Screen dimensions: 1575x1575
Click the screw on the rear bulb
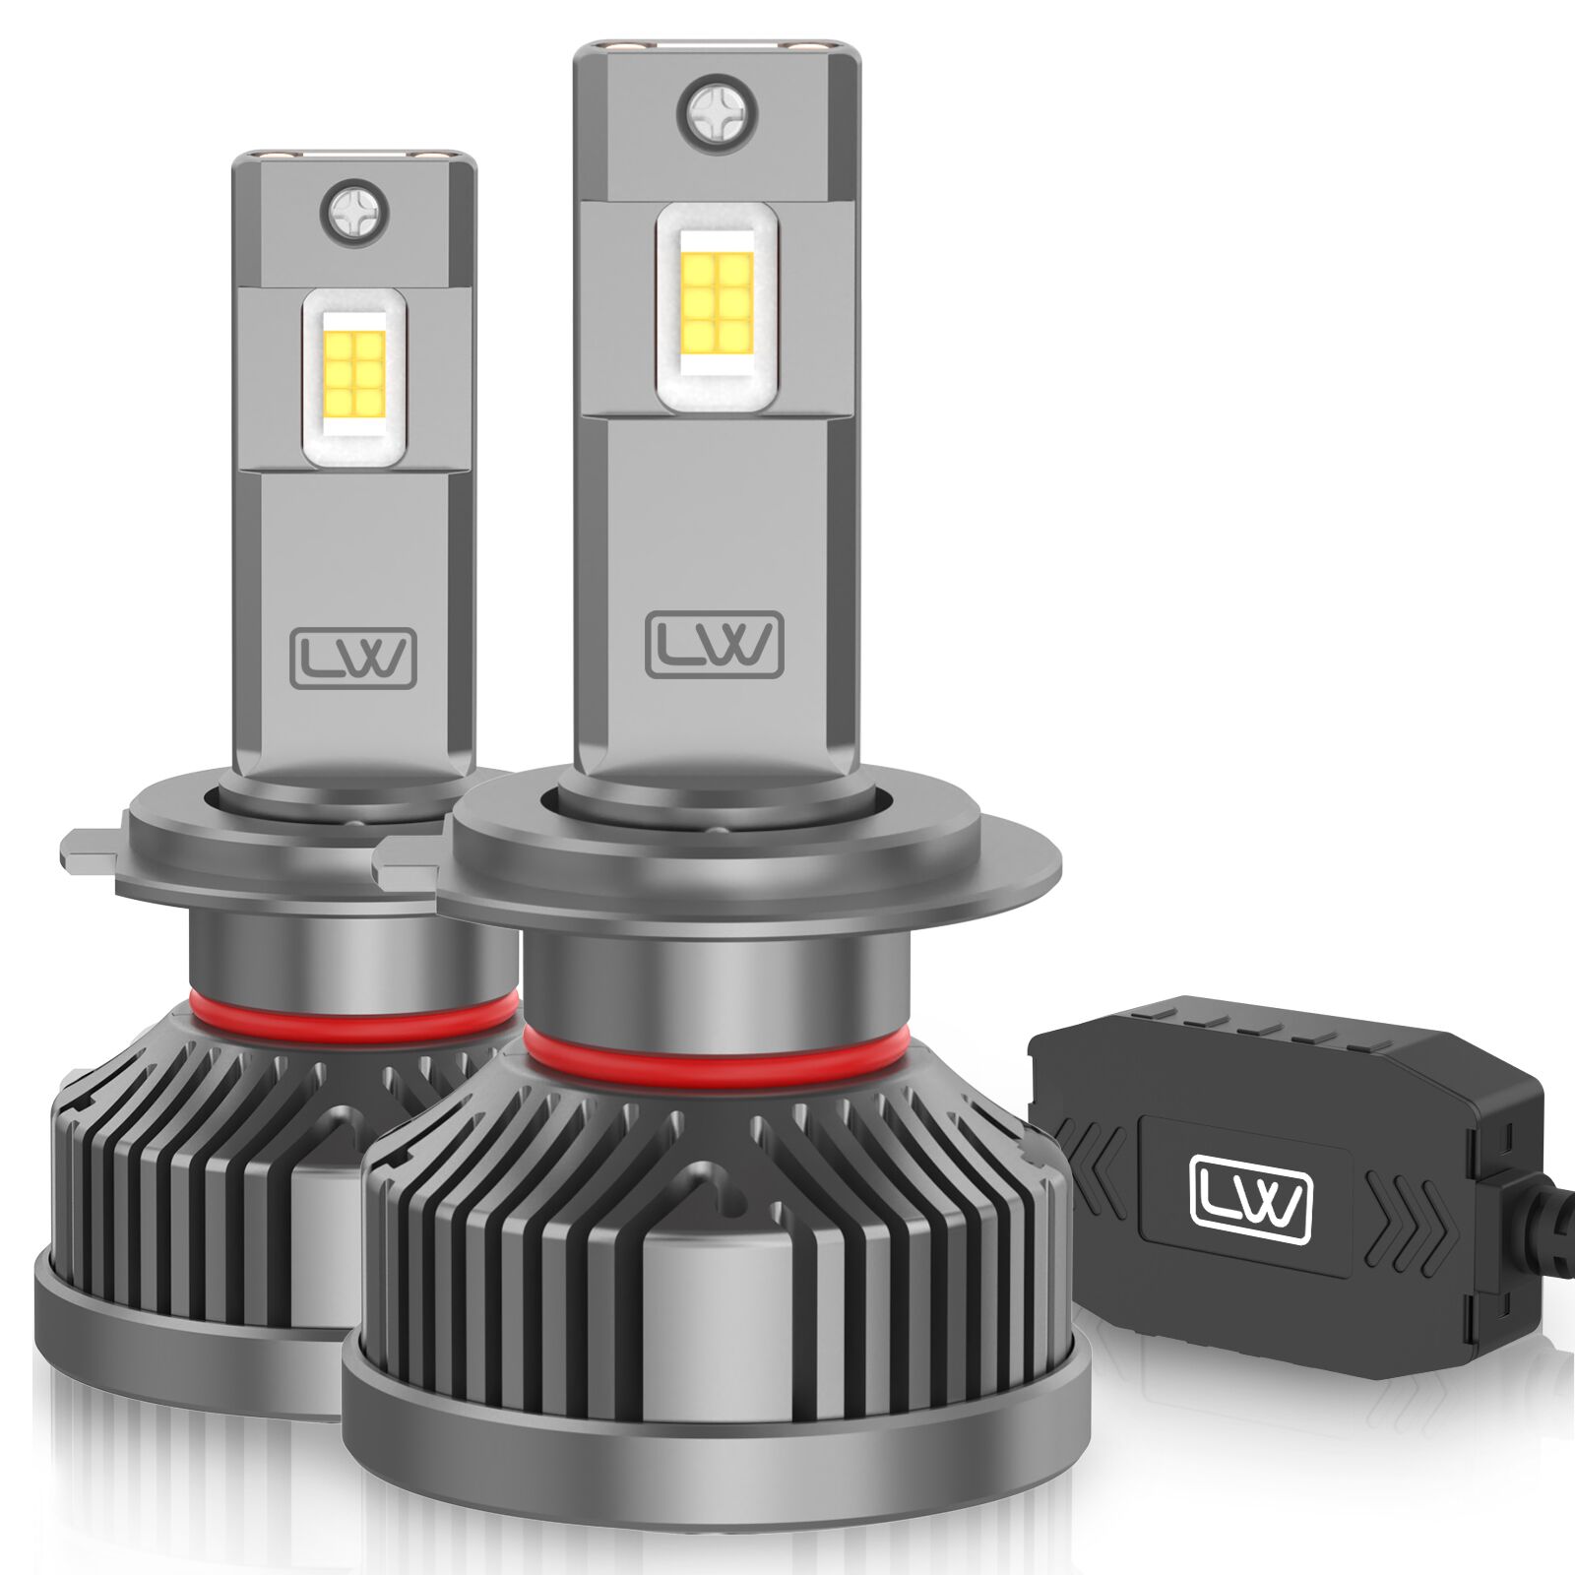click(354, 212)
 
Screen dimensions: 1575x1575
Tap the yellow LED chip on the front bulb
click(718, 304)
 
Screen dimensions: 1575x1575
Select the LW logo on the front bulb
click(715, 645)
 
